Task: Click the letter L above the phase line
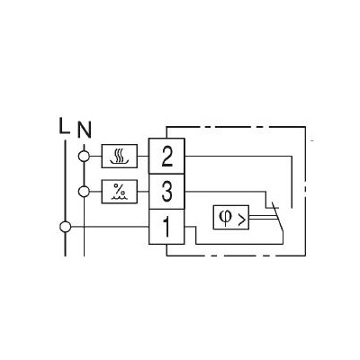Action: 64,126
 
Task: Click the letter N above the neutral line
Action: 85,130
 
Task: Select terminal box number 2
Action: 166,156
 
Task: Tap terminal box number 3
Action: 166,192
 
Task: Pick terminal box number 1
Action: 166,227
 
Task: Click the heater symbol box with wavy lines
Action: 120,156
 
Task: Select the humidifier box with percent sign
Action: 120,192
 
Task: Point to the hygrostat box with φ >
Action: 231,218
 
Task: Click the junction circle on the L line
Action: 65,227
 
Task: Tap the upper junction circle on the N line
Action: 84,156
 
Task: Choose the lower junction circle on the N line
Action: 84,192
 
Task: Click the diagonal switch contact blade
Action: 277,217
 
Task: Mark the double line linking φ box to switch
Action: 261,218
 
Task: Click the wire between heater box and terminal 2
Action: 143,156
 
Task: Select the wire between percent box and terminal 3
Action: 143,192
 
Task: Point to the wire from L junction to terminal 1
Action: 110,227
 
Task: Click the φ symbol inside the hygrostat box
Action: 224,217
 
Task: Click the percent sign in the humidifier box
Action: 119,189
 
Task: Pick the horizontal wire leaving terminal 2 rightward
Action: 238,156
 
